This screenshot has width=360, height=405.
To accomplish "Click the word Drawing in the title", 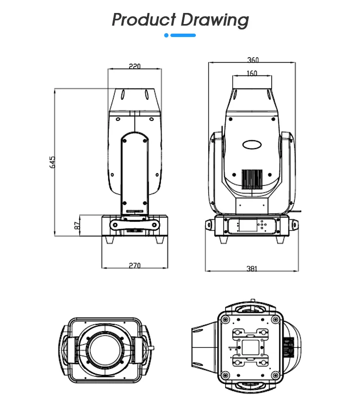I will (x=215, y=20).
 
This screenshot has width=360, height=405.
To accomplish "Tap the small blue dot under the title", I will (x=167, y=35).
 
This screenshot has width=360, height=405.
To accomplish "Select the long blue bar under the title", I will (x=183, y=35).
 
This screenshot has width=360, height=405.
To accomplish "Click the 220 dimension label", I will (x=134, y=66).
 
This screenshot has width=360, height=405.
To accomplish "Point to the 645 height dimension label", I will (x=52, y=162).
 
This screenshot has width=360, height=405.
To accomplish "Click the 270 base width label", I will (x=135, y=265).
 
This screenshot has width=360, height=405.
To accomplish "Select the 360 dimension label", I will (x=252, y=60).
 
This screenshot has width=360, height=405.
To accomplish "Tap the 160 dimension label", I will (x=252, y=73).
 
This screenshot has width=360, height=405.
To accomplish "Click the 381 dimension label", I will (x=252, y=269).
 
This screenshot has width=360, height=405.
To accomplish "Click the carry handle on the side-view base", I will (x=135, y=224).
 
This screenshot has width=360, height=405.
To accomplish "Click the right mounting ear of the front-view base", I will (x=294, y=224).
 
